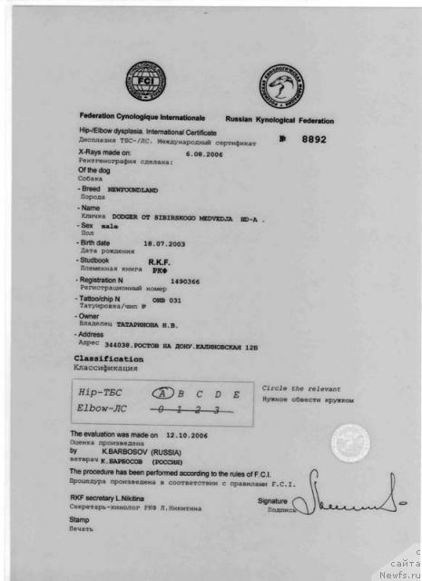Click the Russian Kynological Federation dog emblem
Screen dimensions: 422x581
click(x=282, y=86)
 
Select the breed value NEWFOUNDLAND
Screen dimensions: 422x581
click(x=132, y=191)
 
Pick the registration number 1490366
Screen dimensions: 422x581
click(x=185, y=282)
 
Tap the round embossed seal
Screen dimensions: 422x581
click(x=349, y=444)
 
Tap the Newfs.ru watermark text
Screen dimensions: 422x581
click(x=399, y=573)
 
